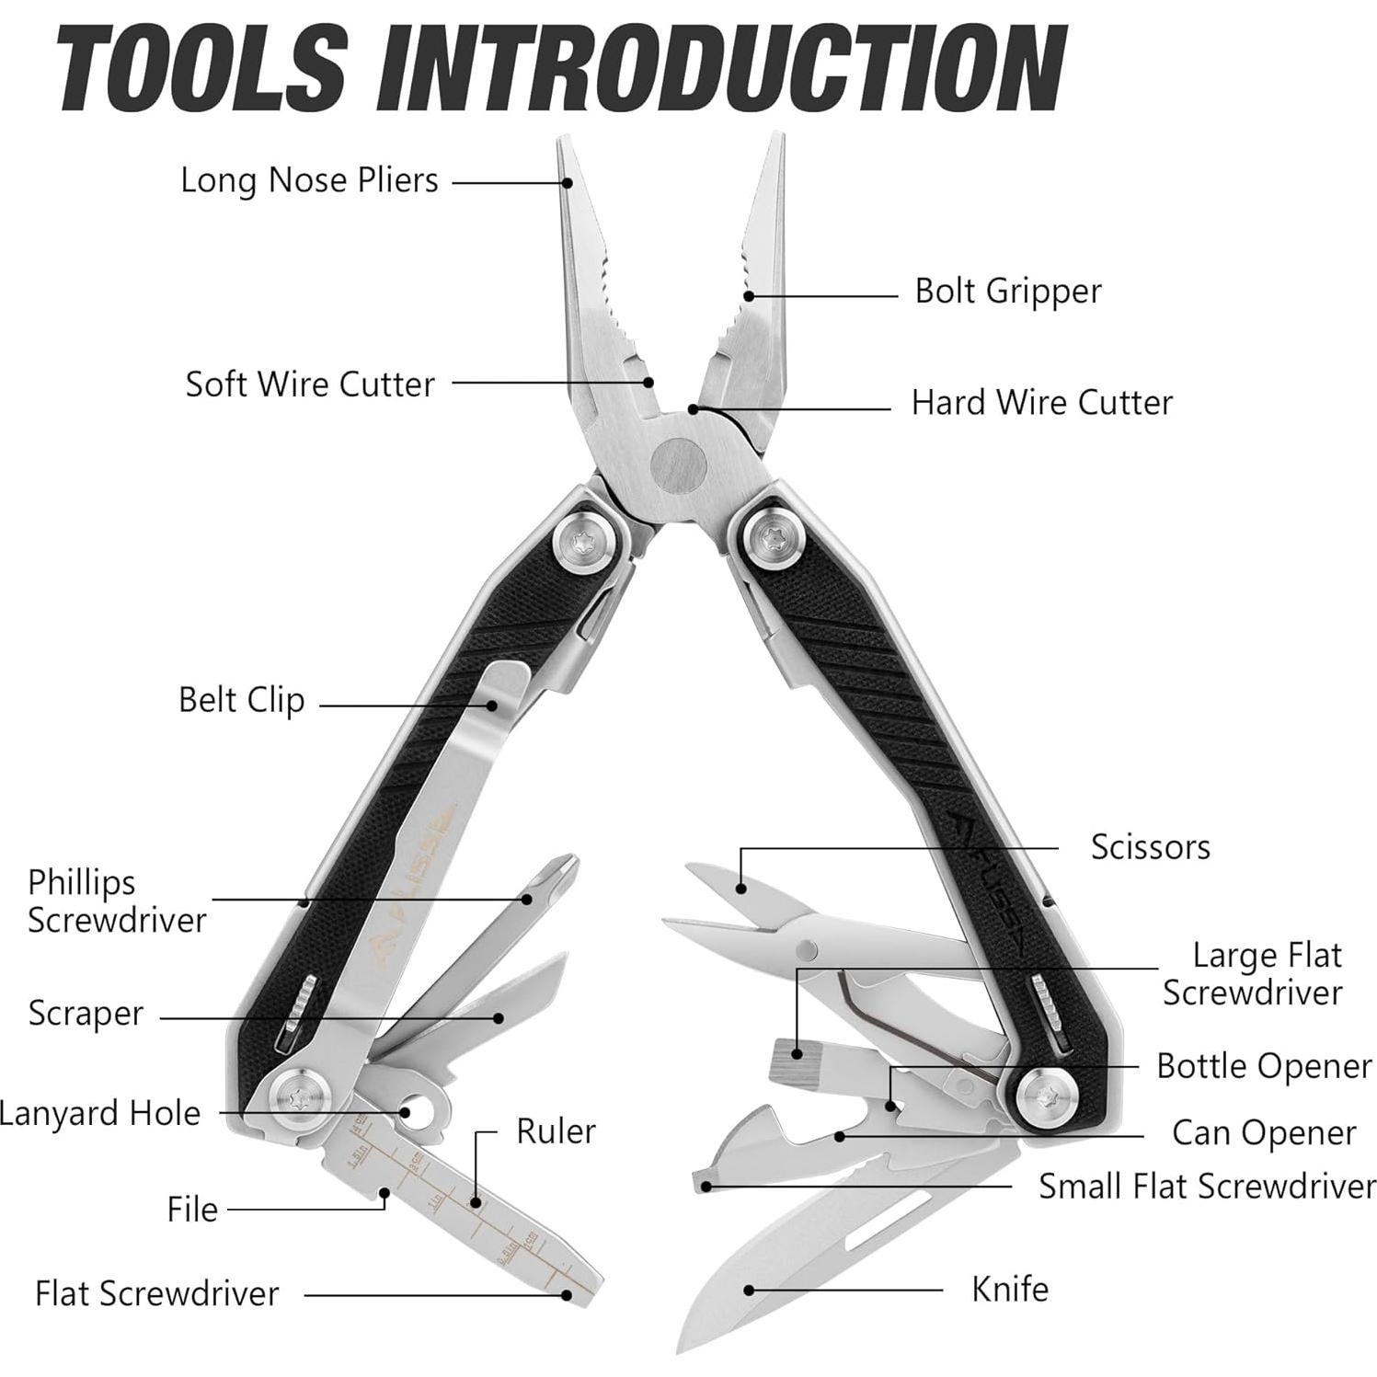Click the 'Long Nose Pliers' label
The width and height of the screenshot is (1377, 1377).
(309, 180)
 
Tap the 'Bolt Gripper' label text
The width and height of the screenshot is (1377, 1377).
(1007, 292)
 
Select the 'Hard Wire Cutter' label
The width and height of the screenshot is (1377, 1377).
(1041, 403)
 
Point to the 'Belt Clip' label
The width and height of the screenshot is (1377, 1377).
(241, 701)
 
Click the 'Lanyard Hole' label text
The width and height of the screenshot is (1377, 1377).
(99, 1114)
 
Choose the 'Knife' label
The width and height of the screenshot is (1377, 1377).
(1009, 1290)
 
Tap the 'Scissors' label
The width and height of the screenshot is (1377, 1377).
(1150, 847)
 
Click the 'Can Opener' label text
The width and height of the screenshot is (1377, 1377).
(1263, 1134)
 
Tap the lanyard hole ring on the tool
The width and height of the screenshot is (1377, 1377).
(422, 1110)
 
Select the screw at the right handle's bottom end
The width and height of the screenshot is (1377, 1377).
(1047, 1095)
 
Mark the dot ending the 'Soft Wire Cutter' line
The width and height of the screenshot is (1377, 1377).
(648, 383)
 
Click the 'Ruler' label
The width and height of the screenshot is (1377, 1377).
(556, 1132)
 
